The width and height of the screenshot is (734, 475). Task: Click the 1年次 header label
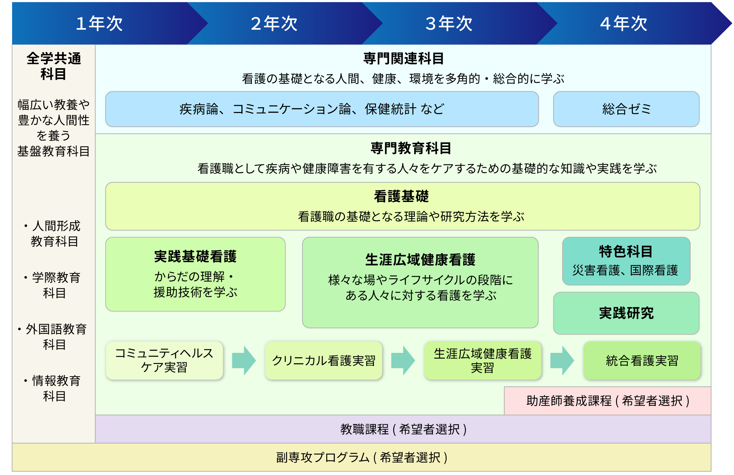[x=99, y=24]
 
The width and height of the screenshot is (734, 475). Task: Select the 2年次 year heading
[x=274, y=24]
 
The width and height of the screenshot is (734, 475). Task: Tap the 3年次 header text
[x=449, y=24]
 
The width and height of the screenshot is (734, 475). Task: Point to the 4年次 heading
[x=623, y=24]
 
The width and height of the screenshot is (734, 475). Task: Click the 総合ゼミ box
[x=626, y=109]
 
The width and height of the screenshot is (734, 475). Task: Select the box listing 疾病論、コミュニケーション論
[x=322, y=109]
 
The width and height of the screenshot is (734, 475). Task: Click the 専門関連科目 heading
[x=403, y=59]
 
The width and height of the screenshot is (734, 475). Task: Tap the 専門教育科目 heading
[x=411, y=148]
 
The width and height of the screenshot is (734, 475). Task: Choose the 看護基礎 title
[x=401, y=197]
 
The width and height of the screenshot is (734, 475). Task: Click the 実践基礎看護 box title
[x=195, y=256]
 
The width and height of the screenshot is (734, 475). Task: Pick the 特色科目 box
[x=626, y=261]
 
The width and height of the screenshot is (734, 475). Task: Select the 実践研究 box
[x=626, y=313]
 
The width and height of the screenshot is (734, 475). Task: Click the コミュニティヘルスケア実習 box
[x=164, y=360]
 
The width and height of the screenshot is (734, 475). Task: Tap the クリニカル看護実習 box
[x=324, y=361]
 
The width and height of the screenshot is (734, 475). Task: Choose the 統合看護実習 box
[x=642, y=361]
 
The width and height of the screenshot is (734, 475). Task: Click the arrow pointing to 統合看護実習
[x=562, y=361]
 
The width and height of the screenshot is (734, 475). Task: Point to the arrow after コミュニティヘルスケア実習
[x=244, y=361]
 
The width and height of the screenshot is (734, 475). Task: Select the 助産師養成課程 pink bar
[x=608, y=401]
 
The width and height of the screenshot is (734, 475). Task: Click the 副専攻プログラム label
[x=361, y=457]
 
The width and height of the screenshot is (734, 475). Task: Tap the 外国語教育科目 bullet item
[x=54, y=337]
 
